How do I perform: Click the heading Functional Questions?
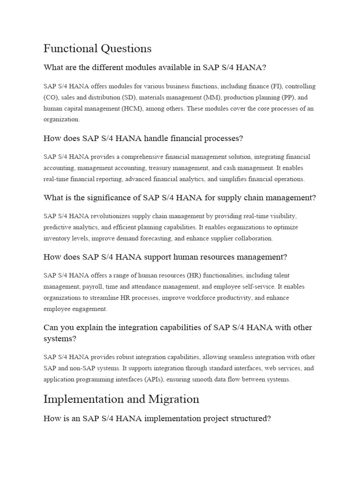tap(97, 48)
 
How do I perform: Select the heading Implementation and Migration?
tap(121, 399)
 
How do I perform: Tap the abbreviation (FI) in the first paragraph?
tap(276, 87)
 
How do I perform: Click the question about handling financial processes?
tap(143, 138)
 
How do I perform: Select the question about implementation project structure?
tap(157, 419)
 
